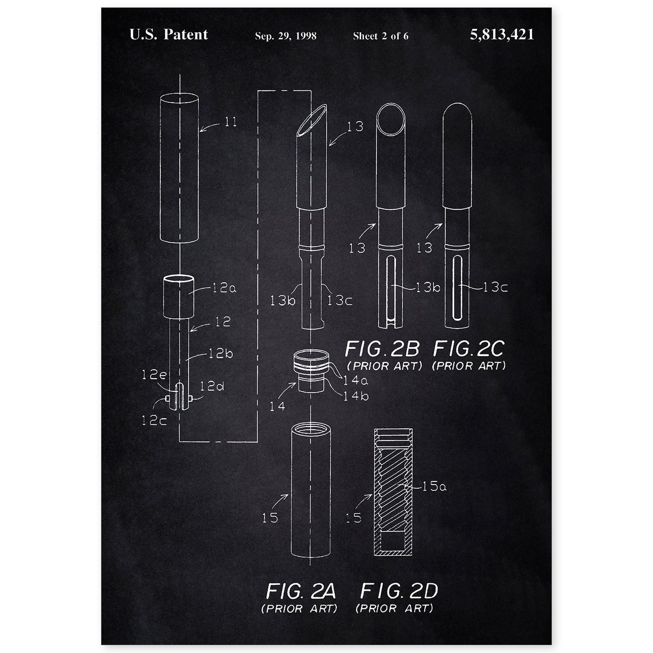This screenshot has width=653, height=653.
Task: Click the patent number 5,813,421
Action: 502,34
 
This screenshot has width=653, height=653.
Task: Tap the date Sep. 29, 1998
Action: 286,36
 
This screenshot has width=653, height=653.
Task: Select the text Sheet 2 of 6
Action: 381,36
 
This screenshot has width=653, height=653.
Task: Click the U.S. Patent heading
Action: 169,34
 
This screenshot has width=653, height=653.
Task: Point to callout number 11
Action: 231,122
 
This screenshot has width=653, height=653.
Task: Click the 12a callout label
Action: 224,288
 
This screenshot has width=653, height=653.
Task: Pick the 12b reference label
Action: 220,354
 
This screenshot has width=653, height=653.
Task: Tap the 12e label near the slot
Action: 154,375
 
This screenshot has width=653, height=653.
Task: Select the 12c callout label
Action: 154,420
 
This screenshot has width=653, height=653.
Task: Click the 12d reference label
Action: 211,386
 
